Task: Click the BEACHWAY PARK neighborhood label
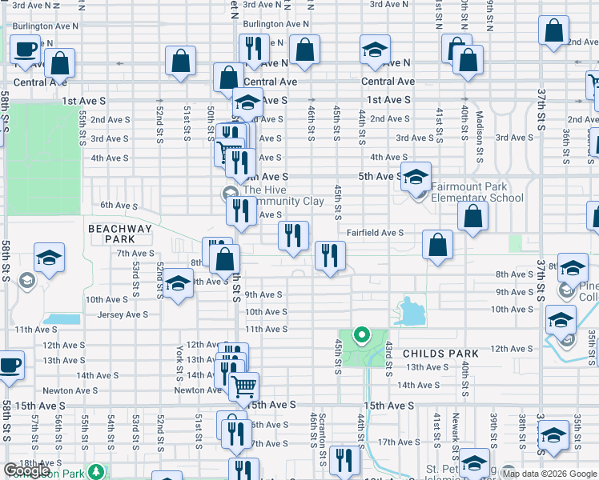tap(119, 234)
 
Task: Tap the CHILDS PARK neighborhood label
tap(440, 353)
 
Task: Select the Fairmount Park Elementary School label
tap(477, 192)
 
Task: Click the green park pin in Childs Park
tap(361, 335)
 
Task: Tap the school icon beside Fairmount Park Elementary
tap(416, 176)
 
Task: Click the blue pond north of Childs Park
tap(411, 310)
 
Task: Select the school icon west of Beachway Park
tap(49, 257)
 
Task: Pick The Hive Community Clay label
tap(283, 195)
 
